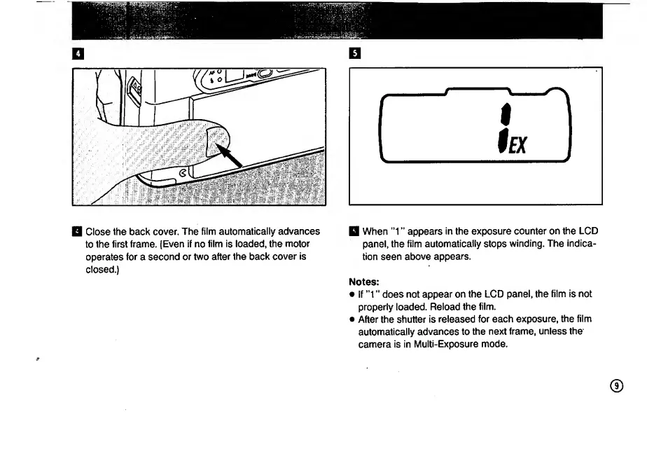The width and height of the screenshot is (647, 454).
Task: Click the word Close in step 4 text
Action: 100,231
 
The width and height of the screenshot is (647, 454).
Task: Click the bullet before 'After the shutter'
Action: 352,319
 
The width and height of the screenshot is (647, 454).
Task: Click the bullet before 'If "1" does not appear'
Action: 352,295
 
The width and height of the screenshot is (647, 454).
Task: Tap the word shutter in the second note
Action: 415,319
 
